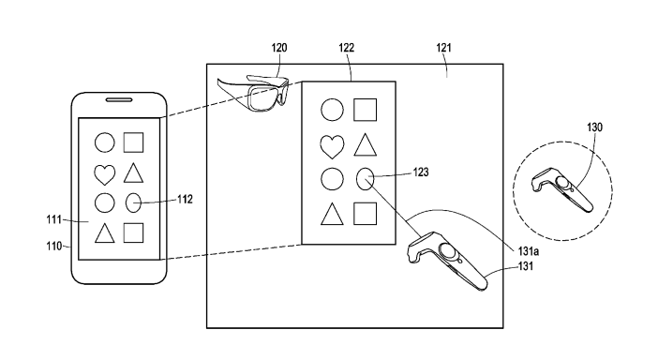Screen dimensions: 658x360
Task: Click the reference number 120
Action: pos(279,48)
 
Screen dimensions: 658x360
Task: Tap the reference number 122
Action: pos(347,48)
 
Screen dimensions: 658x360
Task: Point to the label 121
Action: pos(443,48)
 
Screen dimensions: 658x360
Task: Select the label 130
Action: pos(594,127)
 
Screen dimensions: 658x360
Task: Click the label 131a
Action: pos(529,251)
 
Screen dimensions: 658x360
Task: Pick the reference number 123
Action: pos(421,172)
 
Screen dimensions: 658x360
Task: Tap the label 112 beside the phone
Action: pos(185,200)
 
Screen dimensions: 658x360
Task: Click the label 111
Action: pos(53,219)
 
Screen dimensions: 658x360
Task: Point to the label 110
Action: pos(54,246)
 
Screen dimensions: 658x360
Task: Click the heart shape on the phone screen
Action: pos(104,174)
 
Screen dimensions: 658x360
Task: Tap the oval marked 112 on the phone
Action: pos(133,202)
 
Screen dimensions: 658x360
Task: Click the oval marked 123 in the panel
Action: pos(366,178)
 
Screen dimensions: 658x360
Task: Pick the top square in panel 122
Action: pos(366,110)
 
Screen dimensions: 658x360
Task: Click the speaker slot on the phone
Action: pos(119,100)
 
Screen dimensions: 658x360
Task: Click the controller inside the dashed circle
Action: pos(561,189)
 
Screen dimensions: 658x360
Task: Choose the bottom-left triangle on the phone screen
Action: pos(104,233)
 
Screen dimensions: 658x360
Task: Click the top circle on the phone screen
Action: pos(104,142)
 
